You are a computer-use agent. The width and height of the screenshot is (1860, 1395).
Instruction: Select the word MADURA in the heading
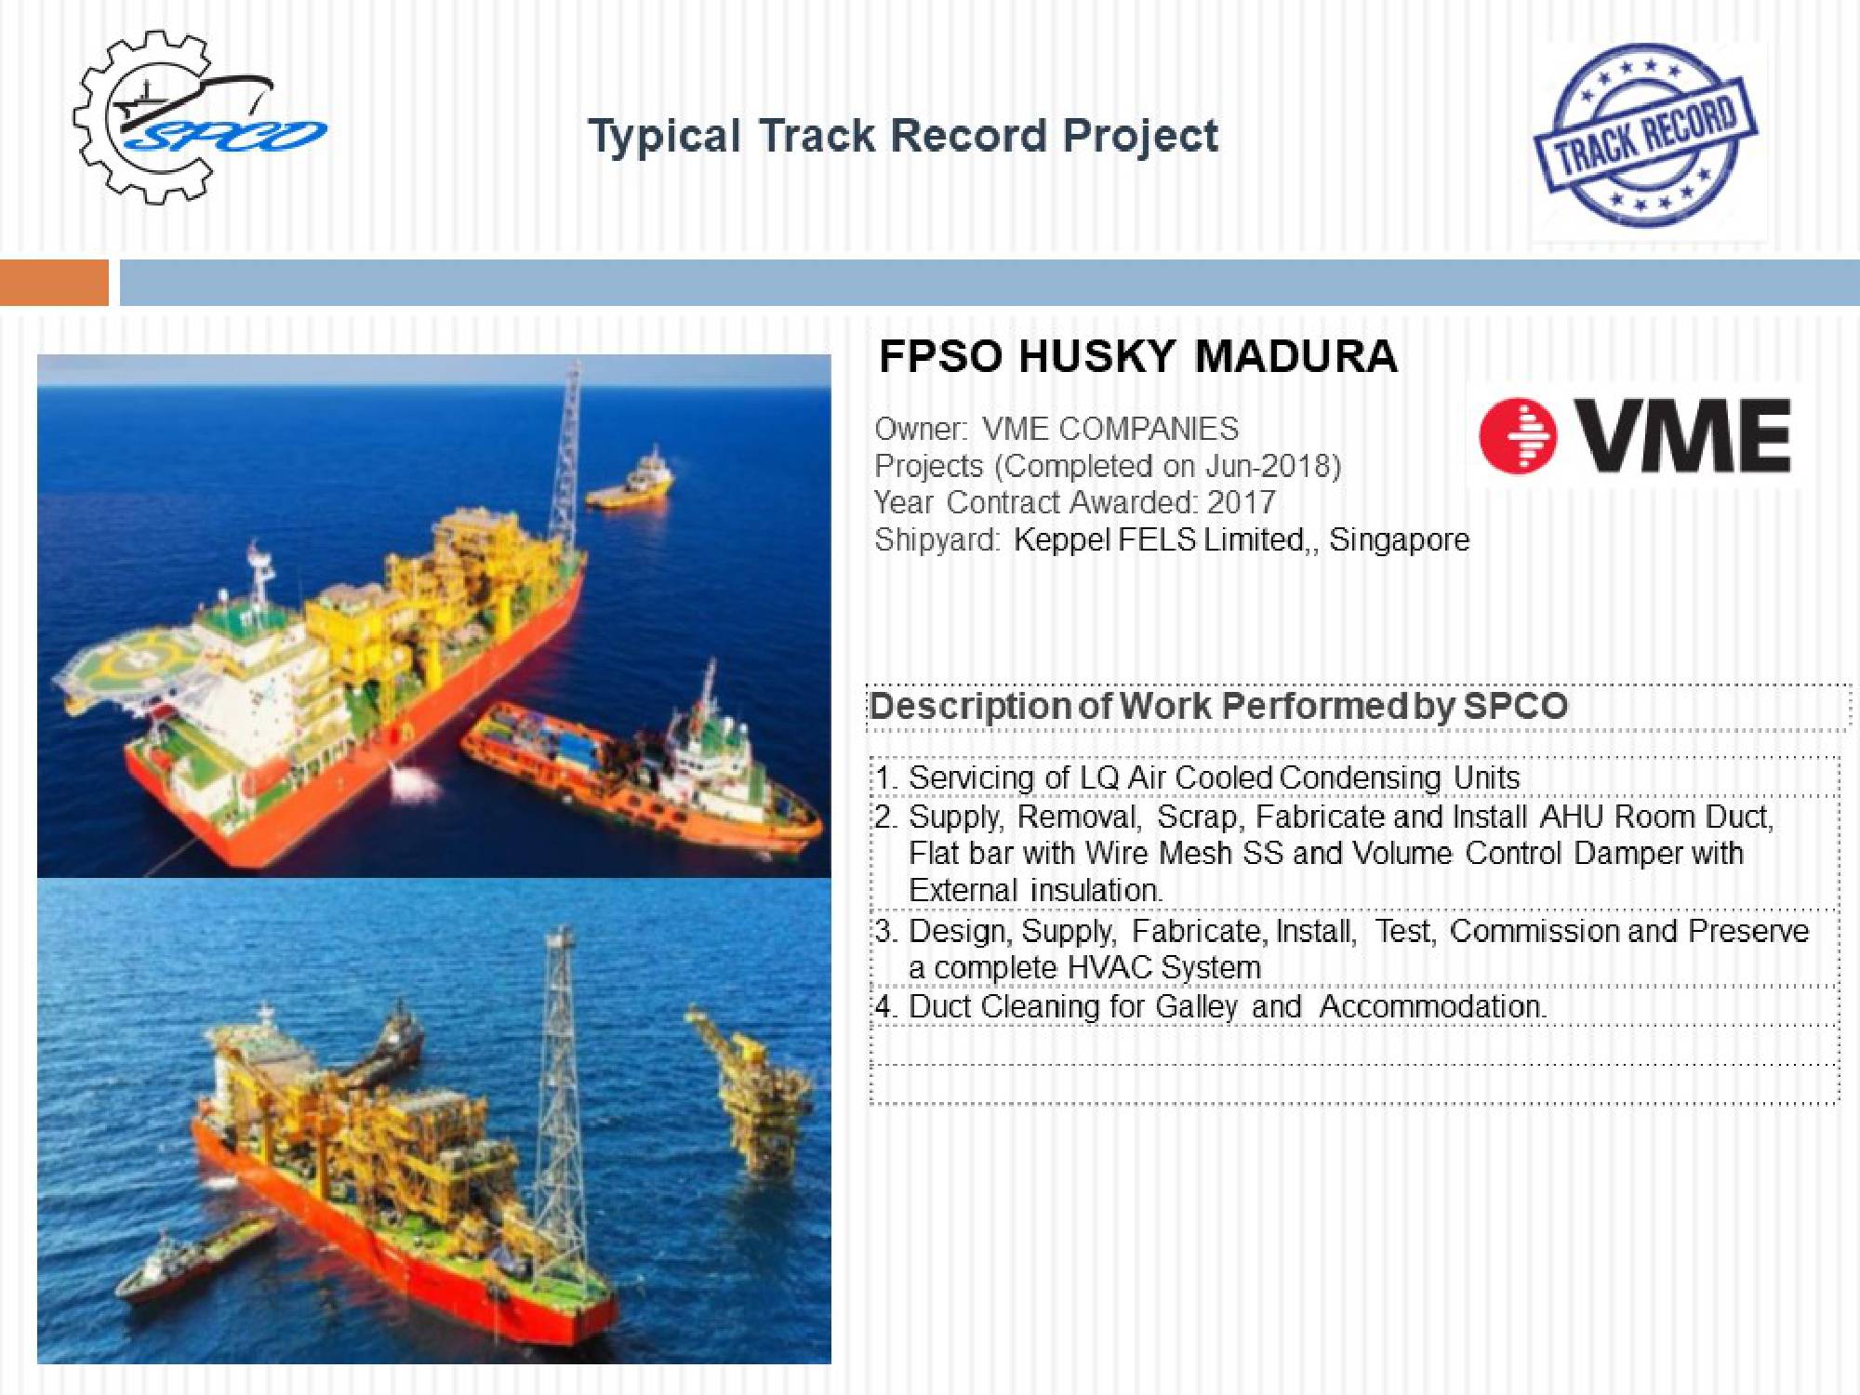tap(1295, 356)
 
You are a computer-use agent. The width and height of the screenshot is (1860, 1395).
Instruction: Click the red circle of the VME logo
tap(1518, 435)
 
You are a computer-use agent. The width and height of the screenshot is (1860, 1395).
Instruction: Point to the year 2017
tap(1242, 502)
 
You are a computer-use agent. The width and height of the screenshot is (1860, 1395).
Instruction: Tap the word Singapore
tap(1400, 540)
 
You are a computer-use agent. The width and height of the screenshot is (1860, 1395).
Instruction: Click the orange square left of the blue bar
tap(54, 283)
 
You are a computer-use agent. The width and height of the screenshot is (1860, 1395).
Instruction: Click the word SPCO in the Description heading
tap(1516, 706)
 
